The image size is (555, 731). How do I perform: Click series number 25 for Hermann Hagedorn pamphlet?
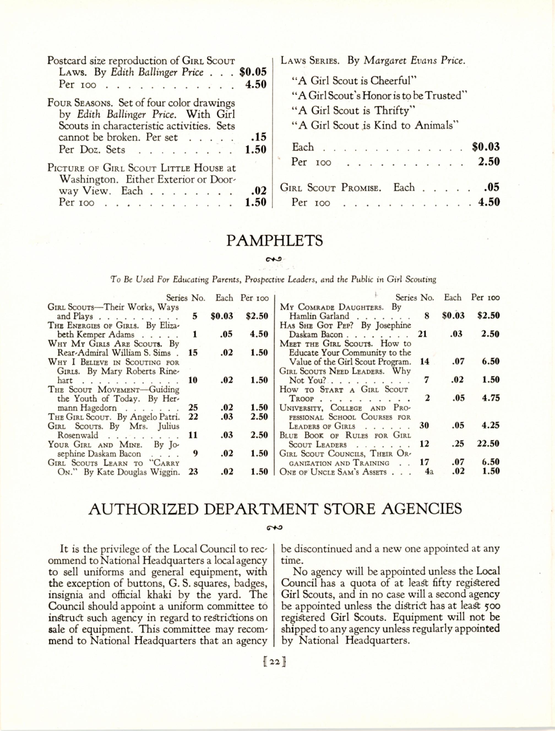coord(193,407)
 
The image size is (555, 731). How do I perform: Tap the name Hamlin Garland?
coord(319,316)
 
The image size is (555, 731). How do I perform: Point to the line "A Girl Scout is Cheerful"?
coord(353,81)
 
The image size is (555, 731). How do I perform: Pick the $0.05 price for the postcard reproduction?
coord(253,72)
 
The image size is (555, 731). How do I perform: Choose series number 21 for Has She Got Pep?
coord(423,334)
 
